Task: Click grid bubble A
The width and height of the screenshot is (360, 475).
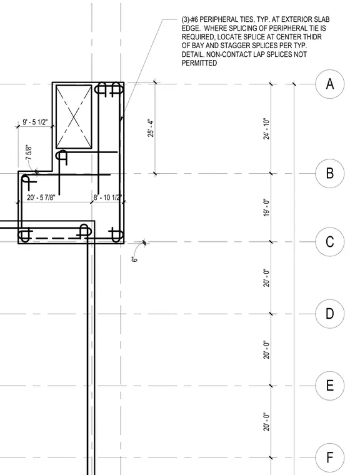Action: (330, 84)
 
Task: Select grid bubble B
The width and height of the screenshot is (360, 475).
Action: (330, 173)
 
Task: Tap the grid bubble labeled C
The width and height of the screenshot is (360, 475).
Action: (330, 242)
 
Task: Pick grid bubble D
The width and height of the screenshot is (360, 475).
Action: (330, 314)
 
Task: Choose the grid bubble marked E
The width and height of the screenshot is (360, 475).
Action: (330, 386)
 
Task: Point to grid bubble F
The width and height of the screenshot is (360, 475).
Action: (330, 457)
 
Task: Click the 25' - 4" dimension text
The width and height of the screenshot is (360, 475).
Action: (151, 127)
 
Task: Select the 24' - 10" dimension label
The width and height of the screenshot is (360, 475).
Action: (266, 129)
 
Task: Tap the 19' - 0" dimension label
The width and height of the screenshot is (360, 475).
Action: (266, 207)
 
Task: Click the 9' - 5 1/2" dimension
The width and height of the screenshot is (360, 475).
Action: (36, 122)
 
